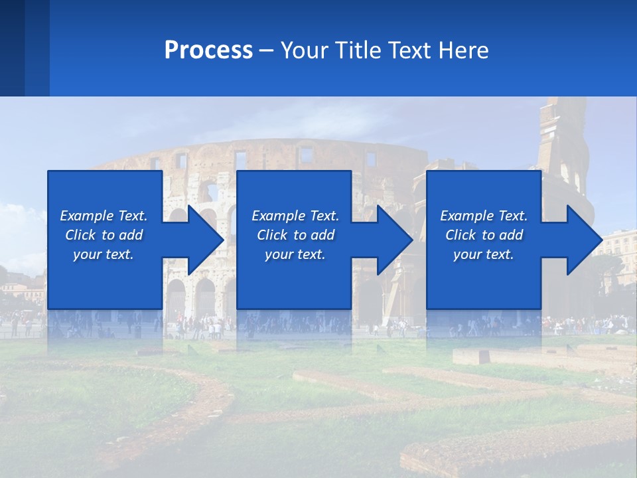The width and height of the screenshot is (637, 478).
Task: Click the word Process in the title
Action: [x=208, y=50]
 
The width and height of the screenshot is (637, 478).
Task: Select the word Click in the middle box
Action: [x=271, y=235]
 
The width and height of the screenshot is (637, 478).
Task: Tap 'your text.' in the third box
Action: [x=483, y=254]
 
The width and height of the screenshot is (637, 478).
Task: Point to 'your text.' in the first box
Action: [x=104, y=254]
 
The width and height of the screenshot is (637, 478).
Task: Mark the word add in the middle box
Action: [x=322, y=235]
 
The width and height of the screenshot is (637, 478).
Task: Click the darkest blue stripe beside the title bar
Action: [x=12, y=48]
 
